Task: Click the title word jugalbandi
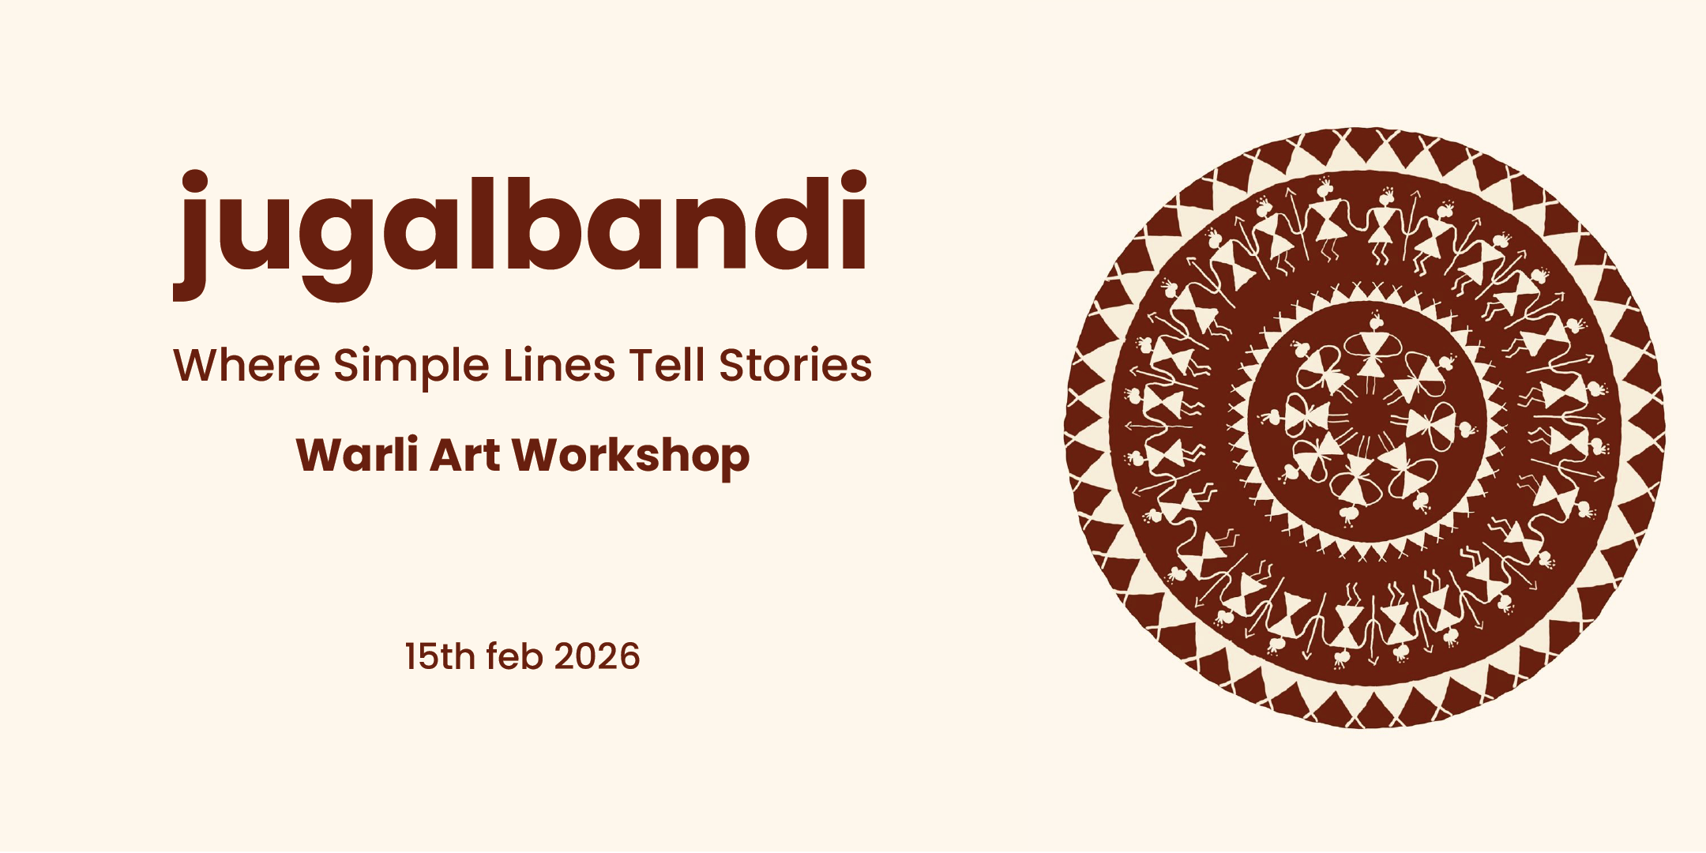click(x=520, y=235)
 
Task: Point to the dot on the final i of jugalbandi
click(x=853, y=184)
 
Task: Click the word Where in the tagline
click(x=246, y=365)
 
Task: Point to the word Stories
click(x=795, y=365)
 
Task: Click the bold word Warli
click(x=357, y=455)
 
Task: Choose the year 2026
click(x=597, y=657)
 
